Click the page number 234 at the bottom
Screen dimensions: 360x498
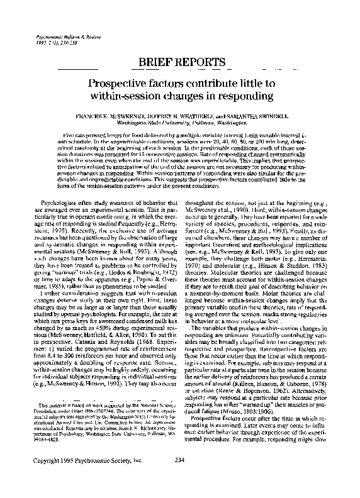pos(179,479)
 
